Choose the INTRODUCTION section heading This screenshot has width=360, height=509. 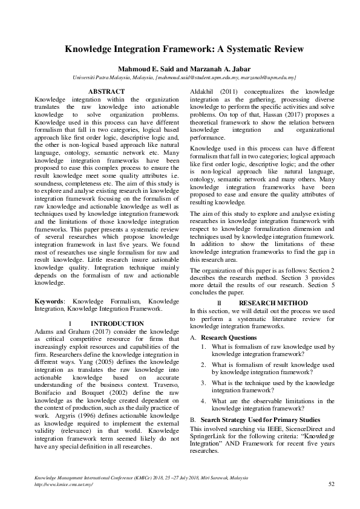click(117, 323)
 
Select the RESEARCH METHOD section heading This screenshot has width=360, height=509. click(264, 303)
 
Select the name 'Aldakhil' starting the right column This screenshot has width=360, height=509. click(203, 91)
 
